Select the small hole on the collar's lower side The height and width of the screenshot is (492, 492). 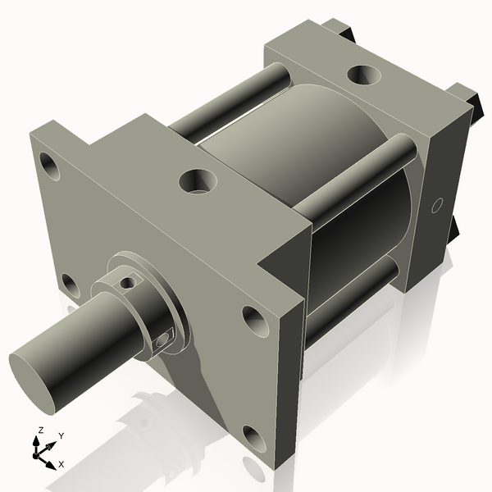click(x=165, y=336)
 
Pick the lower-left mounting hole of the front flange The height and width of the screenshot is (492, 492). click(x=71, y=286)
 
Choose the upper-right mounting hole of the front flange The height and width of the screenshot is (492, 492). click(x=254, y=321)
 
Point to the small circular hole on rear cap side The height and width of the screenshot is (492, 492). click(x=436, y=204)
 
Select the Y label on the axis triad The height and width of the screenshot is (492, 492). click(x=61, y=435)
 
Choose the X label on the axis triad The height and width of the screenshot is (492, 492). click(x=61, y=464)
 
